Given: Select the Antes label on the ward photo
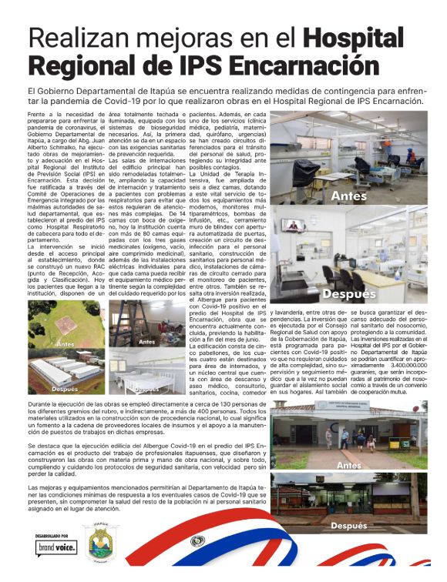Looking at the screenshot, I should (x=348, y=196).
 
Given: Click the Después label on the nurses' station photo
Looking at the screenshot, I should (x=348, y=293).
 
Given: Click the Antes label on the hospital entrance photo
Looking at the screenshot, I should (x=349, y=465).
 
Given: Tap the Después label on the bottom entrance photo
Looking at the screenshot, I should (x=348, y=526).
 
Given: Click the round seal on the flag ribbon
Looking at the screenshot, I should (x=197, y=540).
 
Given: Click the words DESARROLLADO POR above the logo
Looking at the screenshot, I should (x=52, y=534).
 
